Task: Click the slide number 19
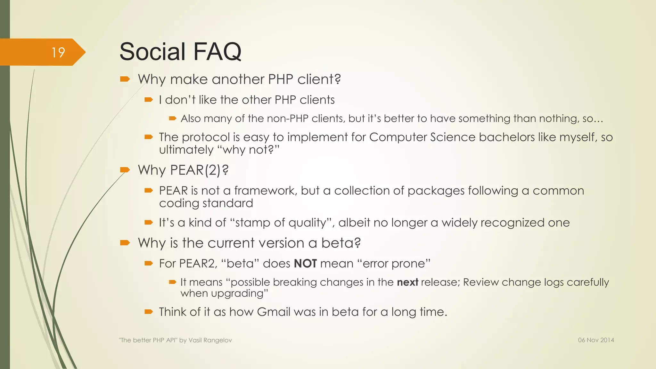58,53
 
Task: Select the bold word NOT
305,264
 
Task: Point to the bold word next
407,282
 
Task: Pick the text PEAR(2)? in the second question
199,170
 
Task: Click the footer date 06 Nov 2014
596,340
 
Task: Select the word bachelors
507,137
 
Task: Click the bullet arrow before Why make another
125,79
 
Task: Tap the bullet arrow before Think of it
149,311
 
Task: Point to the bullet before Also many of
173,119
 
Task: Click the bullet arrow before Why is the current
125,243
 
